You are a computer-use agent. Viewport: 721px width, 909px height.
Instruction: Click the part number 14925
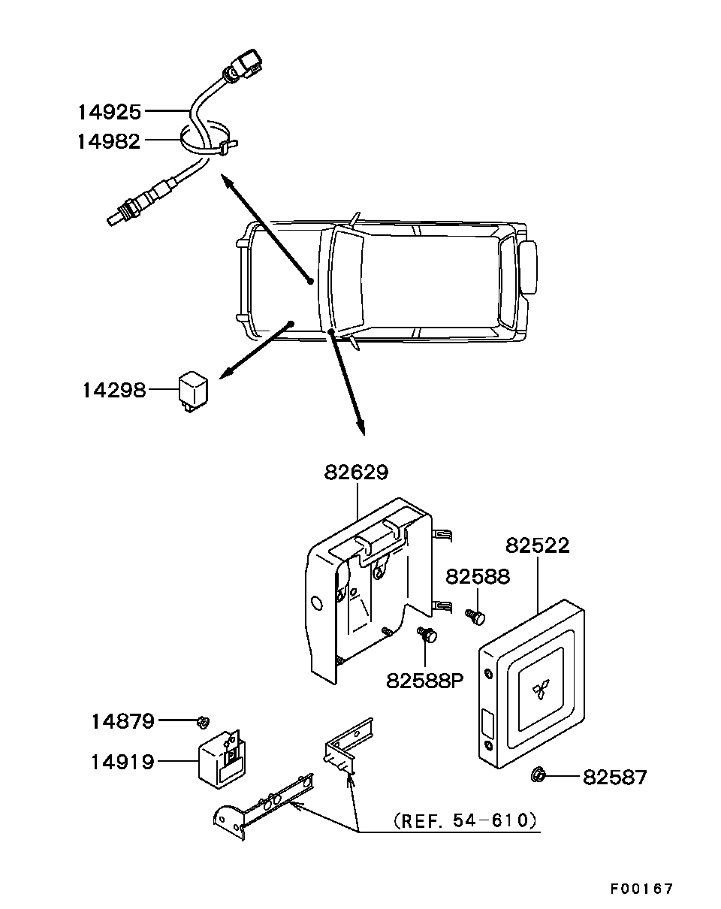[110, 113]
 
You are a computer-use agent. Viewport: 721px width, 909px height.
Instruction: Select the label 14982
[109, 141]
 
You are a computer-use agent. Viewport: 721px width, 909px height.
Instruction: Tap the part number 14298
[114, 390]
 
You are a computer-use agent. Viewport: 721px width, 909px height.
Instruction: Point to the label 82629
[356, 473]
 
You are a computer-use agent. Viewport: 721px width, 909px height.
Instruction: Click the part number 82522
[537, 545]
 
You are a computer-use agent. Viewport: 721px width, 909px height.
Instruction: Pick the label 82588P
[425, 681]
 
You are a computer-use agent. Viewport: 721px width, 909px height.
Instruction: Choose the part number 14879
[123, 721]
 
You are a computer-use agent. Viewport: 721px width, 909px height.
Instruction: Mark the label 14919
[123, 763]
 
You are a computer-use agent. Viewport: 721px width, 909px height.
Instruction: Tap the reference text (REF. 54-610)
[465, 820]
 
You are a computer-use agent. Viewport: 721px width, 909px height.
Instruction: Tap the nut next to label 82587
[538, 775]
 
